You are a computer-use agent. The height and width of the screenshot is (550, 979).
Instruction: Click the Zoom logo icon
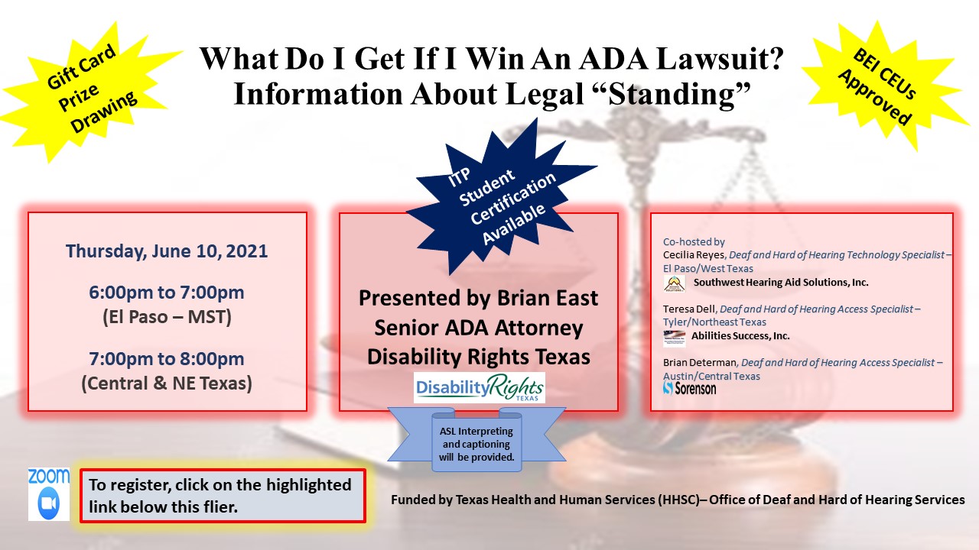tap(48, 494)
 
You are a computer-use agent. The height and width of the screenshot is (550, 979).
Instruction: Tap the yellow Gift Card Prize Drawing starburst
tap(90, 90)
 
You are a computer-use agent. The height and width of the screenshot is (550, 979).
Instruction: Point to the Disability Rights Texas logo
tap(479, 388)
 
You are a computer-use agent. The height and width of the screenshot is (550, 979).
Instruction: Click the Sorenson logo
tap(689, 388)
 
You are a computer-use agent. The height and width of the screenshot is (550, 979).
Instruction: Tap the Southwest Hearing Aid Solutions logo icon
tap(675, 283)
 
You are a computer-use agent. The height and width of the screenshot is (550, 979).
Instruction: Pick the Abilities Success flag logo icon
tap(674, 337)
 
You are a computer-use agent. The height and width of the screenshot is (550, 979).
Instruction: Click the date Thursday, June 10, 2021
tap(167, 251)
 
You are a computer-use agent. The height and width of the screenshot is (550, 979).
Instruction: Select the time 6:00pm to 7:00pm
tap(167, 293)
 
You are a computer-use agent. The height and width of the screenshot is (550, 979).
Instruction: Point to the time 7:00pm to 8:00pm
tap(167, 359)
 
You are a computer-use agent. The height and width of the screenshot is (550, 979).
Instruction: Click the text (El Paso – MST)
tap(167, 317)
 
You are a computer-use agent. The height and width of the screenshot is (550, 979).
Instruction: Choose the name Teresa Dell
tap(689, 309)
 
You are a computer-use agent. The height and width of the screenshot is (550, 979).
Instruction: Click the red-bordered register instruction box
tap(223, 496)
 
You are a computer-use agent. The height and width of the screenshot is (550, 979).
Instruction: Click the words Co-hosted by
tap(693, 241)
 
